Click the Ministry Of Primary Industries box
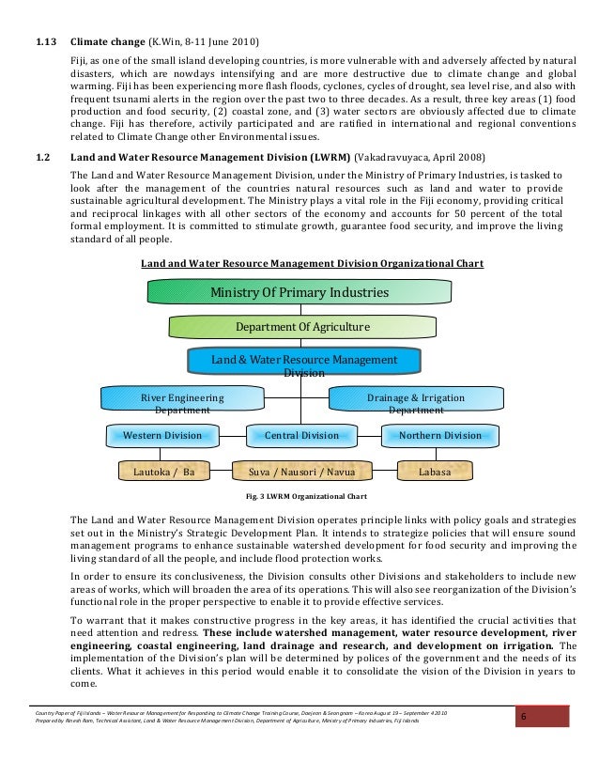coord(299,292)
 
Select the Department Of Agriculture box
coord(302,326)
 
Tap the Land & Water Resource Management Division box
coord(302,364)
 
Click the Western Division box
coord(162,436)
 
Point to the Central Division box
coord(301,436)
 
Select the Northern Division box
coord(439,436)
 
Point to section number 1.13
coord(46,43)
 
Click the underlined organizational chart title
coord(312,264)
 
